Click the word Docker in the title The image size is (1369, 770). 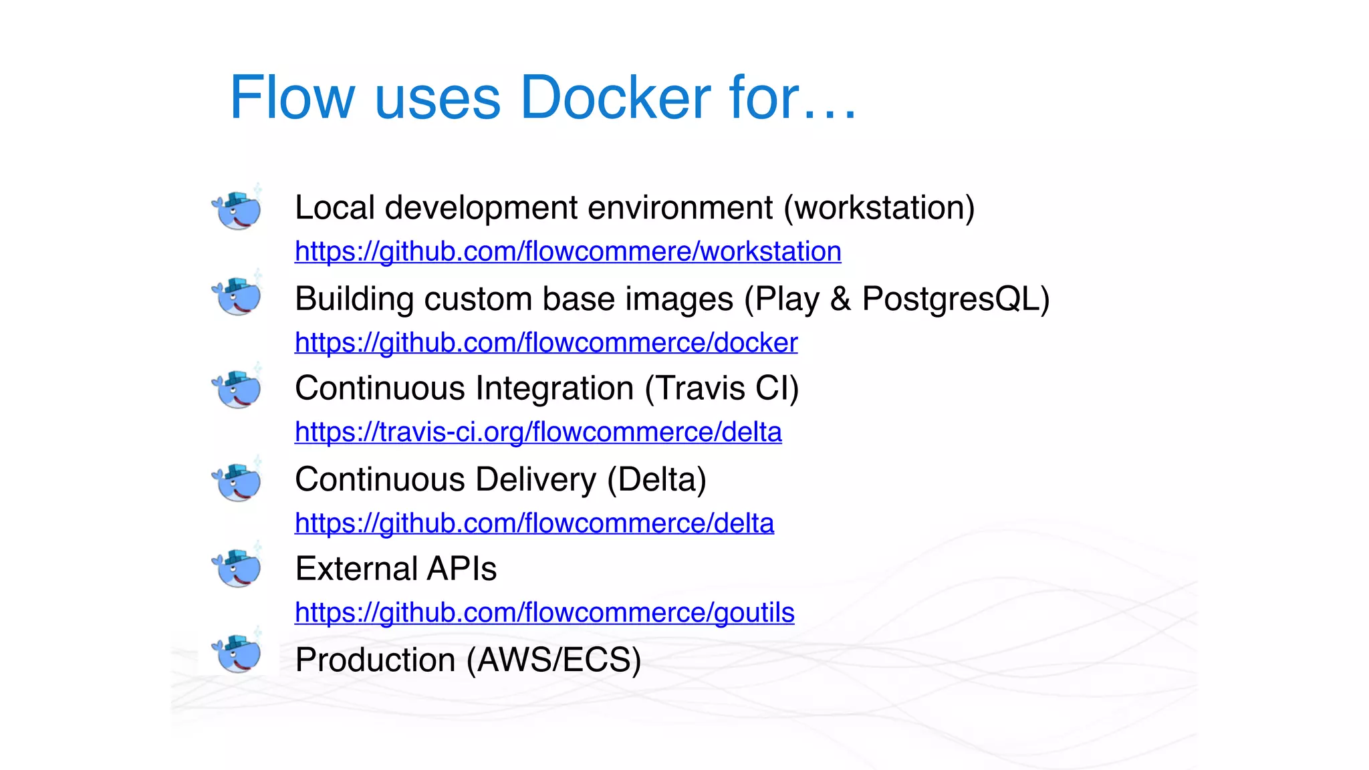[x=615, y=98]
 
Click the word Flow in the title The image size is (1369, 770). [x=292, y=98]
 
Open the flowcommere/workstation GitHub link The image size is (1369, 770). [x=568, y=252]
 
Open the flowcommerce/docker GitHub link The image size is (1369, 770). [x=546, y=343]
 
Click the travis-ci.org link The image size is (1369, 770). [x=538, y=432]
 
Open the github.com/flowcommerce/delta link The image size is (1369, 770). [x=534, y=523]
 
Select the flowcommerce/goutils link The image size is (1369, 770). [x=544, y=613]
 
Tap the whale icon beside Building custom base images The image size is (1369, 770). [x=237, y=296]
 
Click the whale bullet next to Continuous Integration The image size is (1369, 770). [x=237, y=389]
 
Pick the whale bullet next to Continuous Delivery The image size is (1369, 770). [x=237, y=481]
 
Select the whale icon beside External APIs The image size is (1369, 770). [x=237, y=567]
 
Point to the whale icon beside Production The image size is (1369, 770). [x=237, y=653]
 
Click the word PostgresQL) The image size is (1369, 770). [x=956, y=299]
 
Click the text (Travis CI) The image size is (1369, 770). [x=722, y=388]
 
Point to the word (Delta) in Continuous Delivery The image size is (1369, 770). [x=656, y=480]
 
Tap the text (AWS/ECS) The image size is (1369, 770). [x=553, y=660]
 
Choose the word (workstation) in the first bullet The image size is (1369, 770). [x=879, y=208]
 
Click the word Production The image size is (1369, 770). [x=375, y=660]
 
